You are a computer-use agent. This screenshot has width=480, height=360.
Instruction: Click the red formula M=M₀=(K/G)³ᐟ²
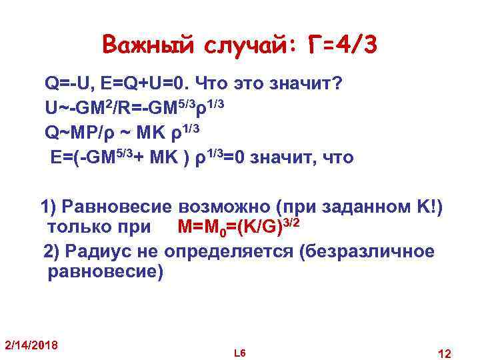(237, 227)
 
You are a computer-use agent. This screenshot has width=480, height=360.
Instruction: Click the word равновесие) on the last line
(105, 273)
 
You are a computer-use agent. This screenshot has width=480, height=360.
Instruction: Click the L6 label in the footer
(241, 351)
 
